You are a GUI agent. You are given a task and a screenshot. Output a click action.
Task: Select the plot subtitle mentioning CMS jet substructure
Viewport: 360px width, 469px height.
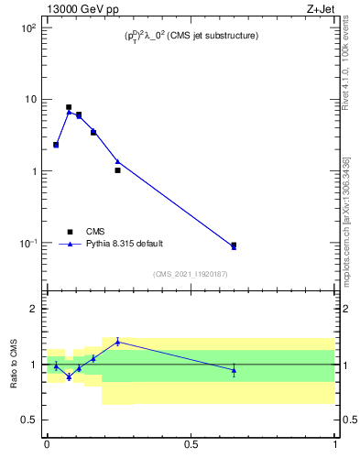coord(191,36)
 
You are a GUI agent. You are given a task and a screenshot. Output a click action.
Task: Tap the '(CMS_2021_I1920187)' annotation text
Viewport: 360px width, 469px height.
coord(191,273)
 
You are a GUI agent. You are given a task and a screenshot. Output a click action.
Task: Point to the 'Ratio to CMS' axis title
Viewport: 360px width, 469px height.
coord(14,364)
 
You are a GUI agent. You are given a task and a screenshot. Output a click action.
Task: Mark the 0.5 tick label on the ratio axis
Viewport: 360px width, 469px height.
coord(28,420)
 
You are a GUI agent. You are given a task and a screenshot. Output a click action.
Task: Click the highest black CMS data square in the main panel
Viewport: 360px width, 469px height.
coord(69,107)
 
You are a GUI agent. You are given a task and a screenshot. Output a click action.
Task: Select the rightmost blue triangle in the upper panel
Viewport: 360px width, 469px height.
coord(234,246)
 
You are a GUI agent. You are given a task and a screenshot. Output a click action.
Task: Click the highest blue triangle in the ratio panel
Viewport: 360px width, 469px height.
coord(117,342)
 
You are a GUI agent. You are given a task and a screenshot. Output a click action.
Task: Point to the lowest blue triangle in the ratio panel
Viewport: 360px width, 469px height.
coord(69,376)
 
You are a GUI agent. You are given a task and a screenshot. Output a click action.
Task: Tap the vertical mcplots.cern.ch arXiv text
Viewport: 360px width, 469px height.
coord(345,220)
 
